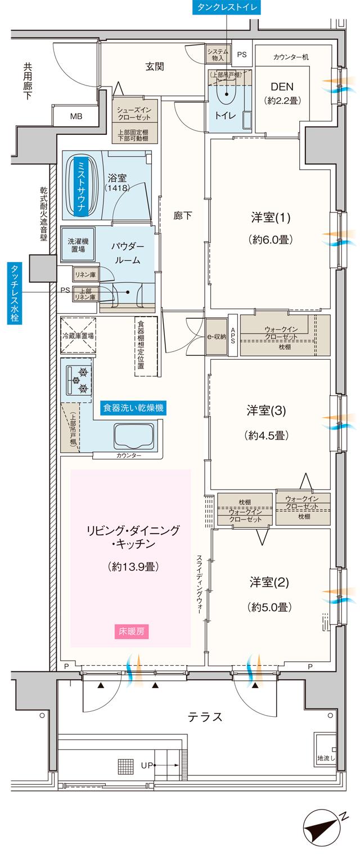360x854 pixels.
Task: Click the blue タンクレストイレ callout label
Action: [x=226, y=7]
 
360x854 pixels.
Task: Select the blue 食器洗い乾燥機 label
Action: [x=133, y=408]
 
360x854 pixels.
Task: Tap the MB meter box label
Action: [x=76, y=117]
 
